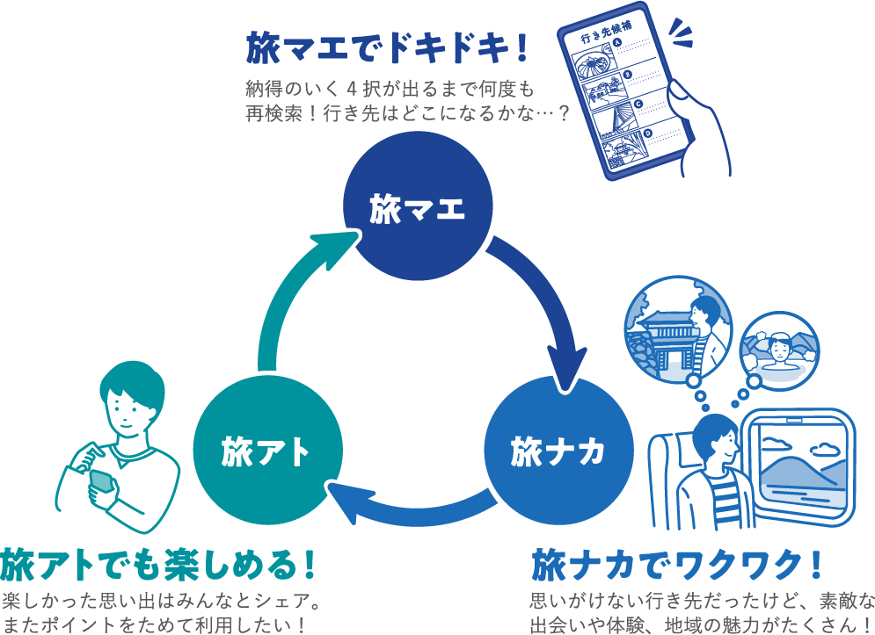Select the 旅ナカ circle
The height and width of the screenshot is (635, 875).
pyautogui.click(x=558, y=451)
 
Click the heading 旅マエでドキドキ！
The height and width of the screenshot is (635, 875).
pyautogui.click(x=387, y=50)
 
